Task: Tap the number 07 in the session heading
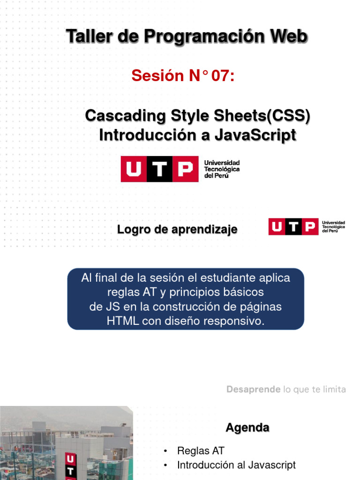click(x=222, y=75)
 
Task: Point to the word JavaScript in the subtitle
click(x=255, y=135)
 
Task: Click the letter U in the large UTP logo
click(x=134, y=169)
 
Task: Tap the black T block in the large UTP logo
click(x=160, y=169)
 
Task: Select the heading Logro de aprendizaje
click(x=177, y=230)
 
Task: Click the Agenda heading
click(x=247, y=428)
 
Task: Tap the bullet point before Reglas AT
click(x=165, y=451)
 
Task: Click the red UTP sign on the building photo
click(x=69, y=464)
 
